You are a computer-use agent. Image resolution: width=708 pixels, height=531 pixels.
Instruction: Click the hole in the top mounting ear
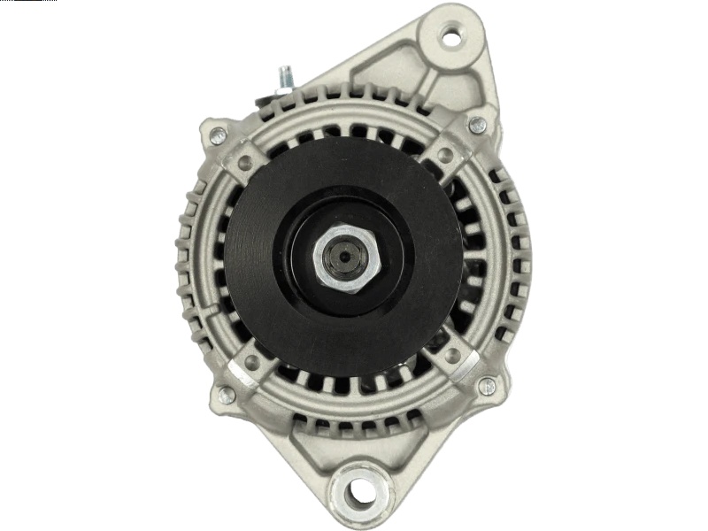click(450, 38)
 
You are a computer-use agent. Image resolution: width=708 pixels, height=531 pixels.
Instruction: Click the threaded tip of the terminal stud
click(284, 71)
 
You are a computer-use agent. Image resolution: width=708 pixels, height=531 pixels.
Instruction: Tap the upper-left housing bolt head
click(217, 135)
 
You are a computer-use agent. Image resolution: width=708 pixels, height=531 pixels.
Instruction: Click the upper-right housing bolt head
click(477, 125)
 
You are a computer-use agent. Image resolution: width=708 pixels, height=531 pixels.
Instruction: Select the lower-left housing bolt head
click(227, 394)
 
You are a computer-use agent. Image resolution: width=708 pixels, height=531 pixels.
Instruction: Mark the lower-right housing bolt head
click(486, 386)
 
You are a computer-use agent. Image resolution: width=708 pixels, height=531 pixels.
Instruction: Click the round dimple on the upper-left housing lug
click(244, 161)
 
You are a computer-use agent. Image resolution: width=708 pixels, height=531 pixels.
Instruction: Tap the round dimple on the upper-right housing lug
click(446, 156)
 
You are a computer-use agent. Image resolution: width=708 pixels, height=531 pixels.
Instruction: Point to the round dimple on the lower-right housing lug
click(452, 356)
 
